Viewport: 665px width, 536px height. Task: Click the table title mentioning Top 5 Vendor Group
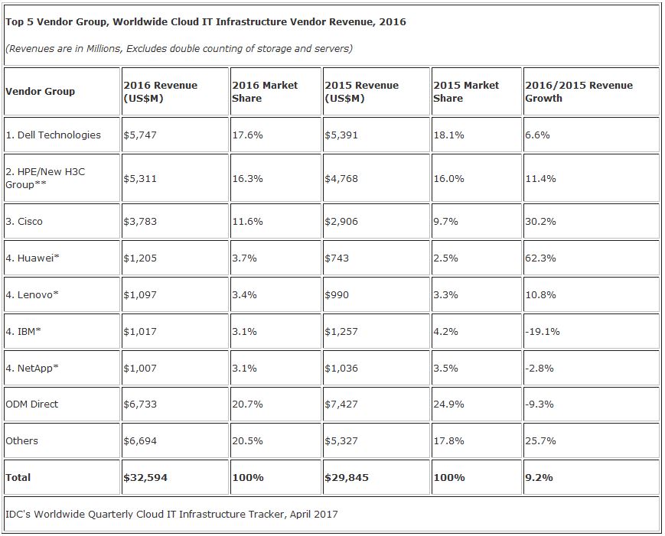pos(206,22)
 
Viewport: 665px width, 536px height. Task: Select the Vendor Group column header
pos(41,92)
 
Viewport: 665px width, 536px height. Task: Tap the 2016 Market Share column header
pos(265,92)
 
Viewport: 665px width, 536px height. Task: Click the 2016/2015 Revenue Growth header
pos(579,92)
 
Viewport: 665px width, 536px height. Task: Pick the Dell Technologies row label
pos(54,135)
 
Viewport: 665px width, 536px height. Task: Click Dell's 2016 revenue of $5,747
pos(140,135)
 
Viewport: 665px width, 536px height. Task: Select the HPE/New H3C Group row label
pos(45,178)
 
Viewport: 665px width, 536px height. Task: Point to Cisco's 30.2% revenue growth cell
pos(540,222)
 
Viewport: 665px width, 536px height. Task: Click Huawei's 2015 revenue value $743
pos(337,258)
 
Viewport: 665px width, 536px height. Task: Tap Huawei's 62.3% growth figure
pos(540,258)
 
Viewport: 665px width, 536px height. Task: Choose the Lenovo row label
pos(32,295)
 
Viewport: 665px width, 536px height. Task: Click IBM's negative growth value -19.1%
pos(543,331)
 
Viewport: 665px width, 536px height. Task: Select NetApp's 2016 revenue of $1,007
pos(140,369)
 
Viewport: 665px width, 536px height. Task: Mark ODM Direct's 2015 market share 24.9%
pos(448,404)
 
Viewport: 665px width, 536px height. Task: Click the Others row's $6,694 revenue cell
pos(140,441)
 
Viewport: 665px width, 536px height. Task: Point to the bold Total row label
pos(18,478)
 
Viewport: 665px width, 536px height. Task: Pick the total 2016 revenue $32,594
pos(145,478)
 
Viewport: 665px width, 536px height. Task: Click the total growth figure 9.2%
pos(539,478)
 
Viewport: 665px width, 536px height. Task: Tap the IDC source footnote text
pos(171,515)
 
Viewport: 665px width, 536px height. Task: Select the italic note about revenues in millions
pos(179,49)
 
